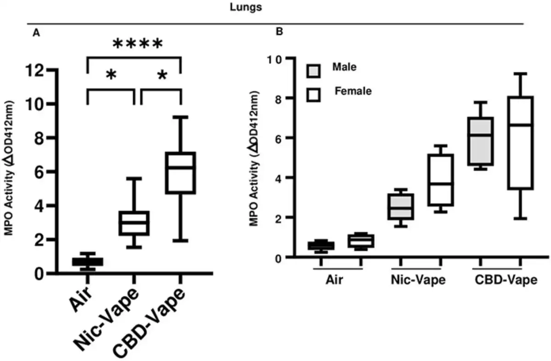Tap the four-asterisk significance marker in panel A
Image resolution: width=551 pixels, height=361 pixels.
[137, 45]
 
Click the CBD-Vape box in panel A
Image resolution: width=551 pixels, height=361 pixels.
[181, 172]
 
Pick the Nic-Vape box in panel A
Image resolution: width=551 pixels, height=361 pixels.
[134, 223]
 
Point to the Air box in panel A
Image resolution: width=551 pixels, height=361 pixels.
[87, 261]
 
